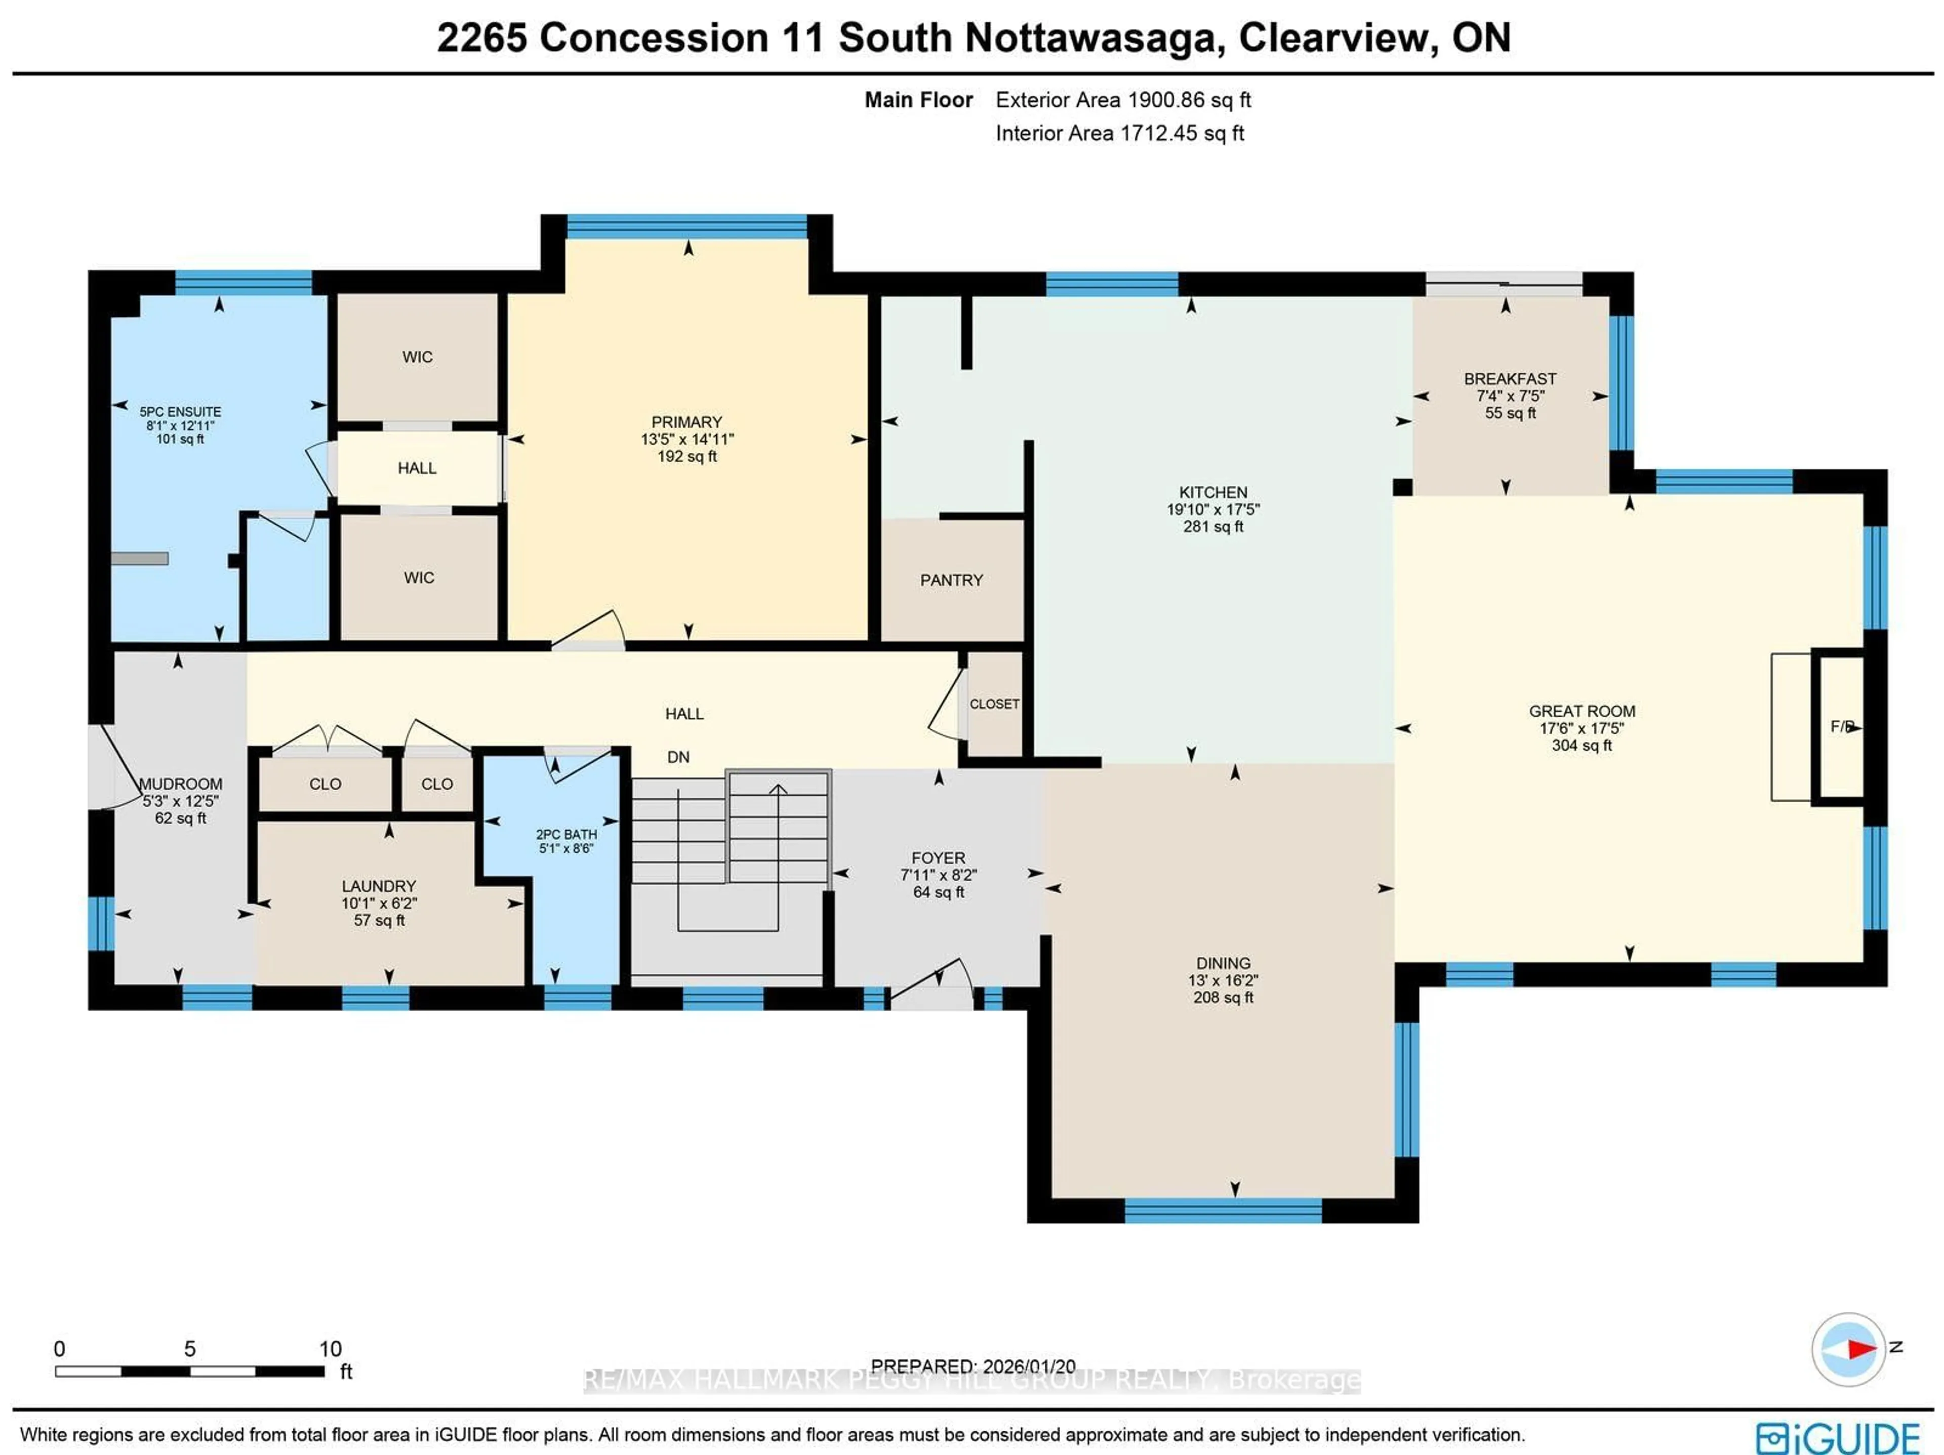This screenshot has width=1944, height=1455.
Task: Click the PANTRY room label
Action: click(951, 580)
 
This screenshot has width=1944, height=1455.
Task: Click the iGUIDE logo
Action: click(1837, 1437)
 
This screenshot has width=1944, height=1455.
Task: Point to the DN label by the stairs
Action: click(677, 758)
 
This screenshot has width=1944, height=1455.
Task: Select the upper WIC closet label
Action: click(418, 357)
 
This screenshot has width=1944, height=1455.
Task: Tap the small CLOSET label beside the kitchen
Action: click(994, 704)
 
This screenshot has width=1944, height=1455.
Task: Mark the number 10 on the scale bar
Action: click(331, 1349)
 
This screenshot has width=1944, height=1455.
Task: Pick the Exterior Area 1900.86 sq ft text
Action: click(1122, 100)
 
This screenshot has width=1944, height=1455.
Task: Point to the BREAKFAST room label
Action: click(1509, 379)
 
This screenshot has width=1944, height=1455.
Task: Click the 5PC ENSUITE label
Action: click(180, 411)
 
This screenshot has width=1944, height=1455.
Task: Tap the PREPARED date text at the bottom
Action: click(973, 1366)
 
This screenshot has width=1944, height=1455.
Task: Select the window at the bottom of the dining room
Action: click(1223, 1211)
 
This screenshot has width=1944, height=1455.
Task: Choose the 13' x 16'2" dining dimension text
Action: click(1223, 981)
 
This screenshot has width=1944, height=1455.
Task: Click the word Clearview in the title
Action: click(1338, 38)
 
